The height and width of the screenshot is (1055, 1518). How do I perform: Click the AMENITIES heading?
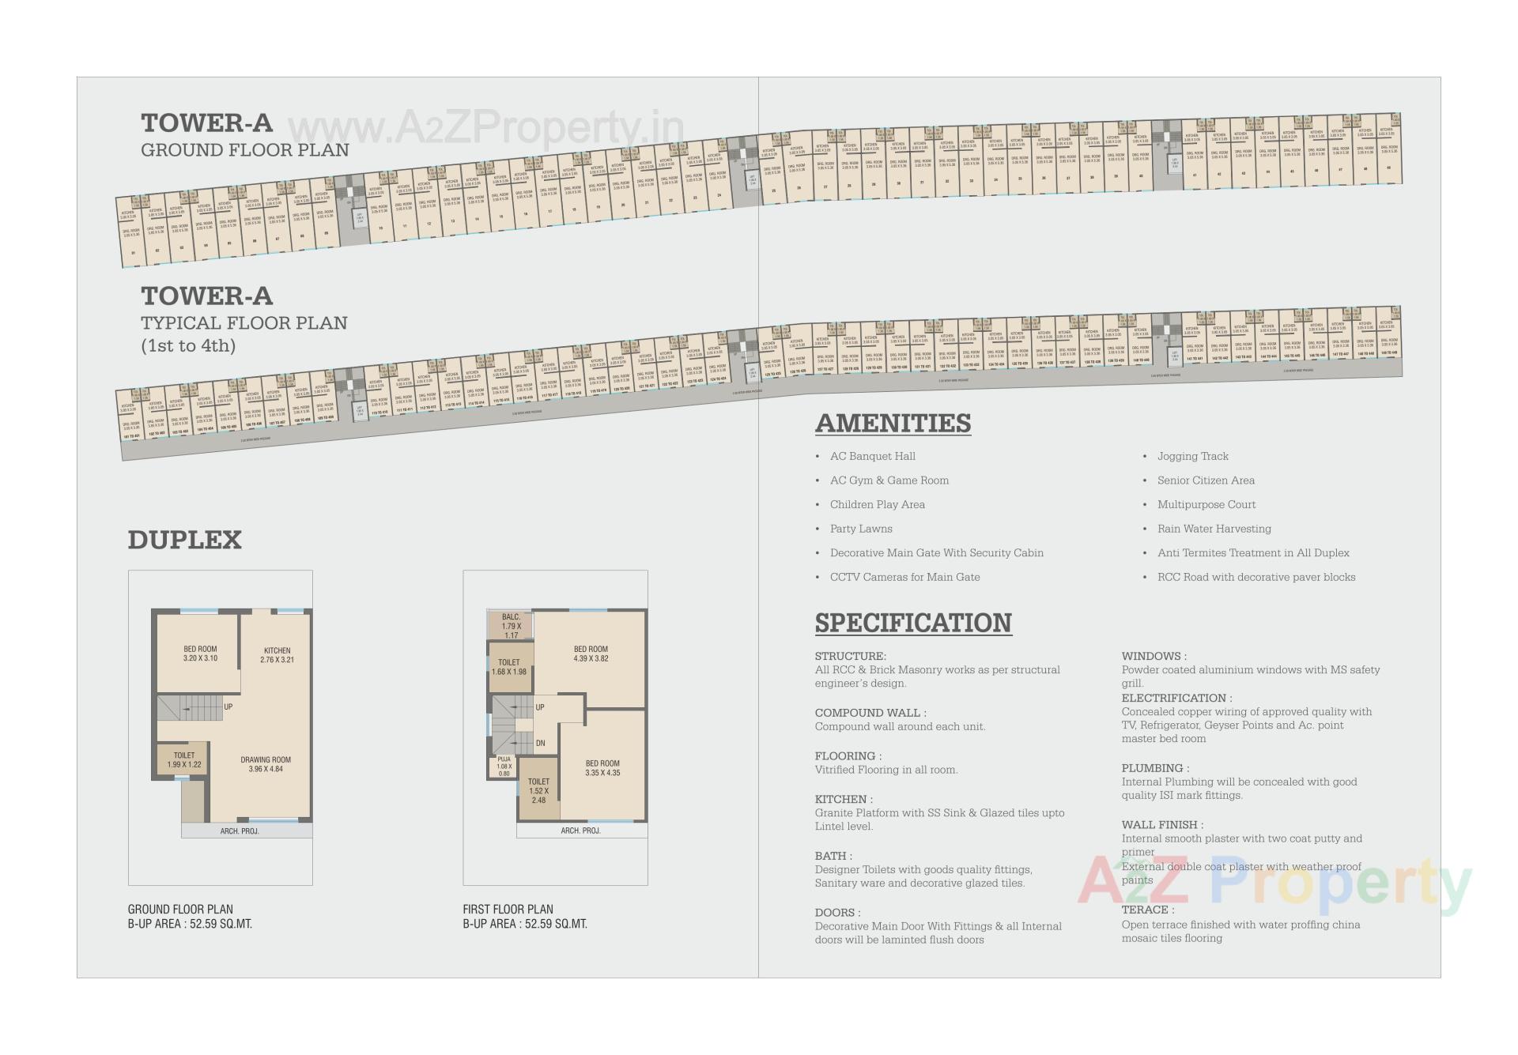pyautogui.click(x=893, y=424)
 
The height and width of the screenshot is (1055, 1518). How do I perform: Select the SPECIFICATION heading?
pyautogui.click(x=913, y=623)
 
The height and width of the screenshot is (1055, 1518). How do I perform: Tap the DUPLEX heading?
pyautogui.click(x=184, y=540)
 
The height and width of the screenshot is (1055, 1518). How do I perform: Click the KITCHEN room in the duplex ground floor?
pyautogui.click(x=277, y=655)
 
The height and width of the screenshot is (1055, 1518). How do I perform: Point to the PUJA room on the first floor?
pyautogui.click(x=504, y=766)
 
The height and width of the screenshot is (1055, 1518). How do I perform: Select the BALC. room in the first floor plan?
pyautogui.click(x=511, y=626)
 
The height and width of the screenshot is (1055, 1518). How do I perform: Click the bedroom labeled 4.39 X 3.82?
pyautogui.click(x=591, y=654)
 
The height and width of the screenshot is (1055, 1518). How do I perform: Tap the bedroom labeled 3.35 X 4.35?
pyautogui.click(x=602, y=768)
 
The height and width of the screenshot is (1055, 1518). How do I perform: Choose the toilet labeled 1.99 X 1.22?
pyautogui.click(x=183, y=759)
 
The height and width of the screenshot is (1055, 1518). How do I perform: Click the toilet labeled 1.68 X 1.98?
pyautogui.click(x=509, y=667)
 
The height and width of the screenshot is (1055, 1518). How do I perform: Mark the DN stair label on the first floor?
pyautogui.click(x=541, y=744)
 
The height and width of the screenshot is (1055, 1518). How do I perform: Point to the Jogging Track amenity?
pyautogui.click(x=1192, y=456)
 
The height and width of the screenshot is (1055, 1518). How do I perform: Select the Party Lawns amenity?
pyautogui.click(x=861, y=529)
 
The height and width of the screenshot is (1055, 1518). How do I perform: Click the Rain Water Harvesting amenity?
pyautogui.click(x=1214, y=529)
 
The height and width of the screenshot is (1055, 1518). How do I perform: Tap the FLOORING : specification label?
pyautogui.click(x=848, y=756)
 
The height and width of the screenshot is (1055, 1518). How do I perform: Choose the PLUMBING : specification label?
pyautogui.click(x=1154, y=768)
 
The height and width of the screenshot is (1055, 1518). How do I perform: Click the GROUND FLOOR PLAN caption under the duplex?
pyautogui.click(x=180, y=909)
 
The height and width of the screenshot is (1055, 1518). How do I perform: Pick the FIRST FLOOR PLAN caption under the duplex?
pyautogui.click(x=508, y=909)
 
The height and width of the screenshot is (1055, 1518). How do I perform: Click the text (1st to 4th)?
pyautogui.click(x=188, y=345)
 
